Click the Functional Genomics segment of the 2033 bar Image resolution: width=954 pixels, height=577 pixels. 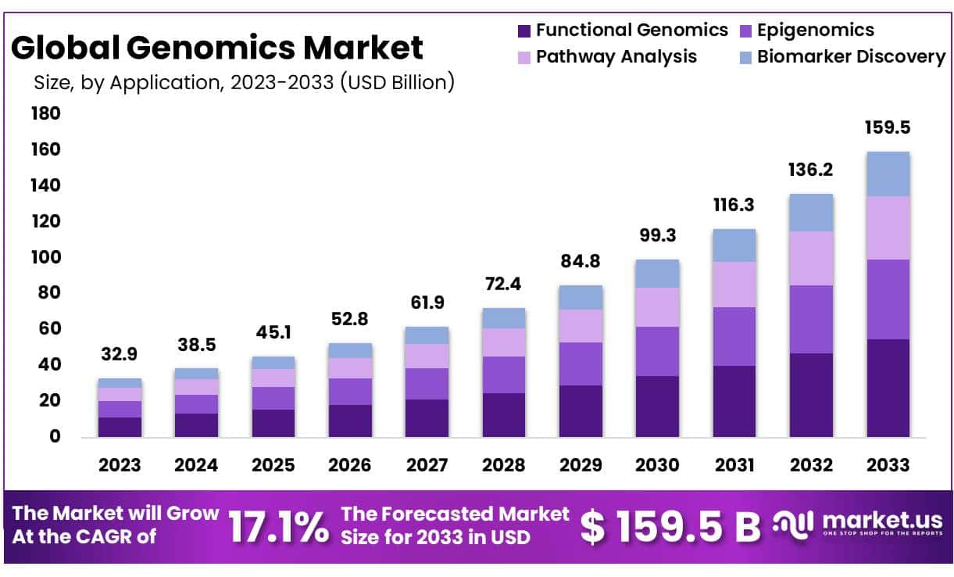click(x=888, y=388)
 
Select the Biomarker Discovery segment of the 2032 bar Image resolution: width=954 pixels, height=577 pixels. click(x=811, y=213)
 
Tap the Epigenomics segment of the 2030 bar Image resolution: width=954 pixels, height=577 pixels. click(x=657, y=351)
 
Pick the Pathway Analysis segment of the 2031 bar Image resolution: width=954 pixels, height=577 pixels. click(x=734, y=285)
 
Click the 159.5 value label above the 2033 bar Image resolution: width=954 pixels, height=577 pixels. click(x=888, y=127)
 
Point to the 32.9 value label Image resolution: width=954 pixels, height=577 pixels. click(x=120, y=354)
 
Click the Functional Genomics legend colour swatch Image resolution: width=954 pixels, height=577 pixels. click(x=524, y=31)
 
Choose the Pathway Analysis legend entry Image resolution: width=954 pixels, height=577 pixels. click(x=616, y=57)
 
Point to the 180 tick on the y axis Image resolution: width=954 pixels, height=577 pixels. click(x=45, y=114)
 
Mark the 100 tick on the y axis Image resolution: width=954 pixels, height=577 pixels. click(x=45, y=257)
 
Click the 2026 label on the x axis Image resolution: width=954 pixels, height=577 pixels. click(x=349, y=464)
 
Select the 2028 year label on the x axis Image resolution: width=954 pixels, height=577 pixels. click(x=504, y=464)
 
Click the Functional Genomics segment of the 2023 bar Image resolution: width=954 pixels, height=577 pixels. click(x=120, y=427)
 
